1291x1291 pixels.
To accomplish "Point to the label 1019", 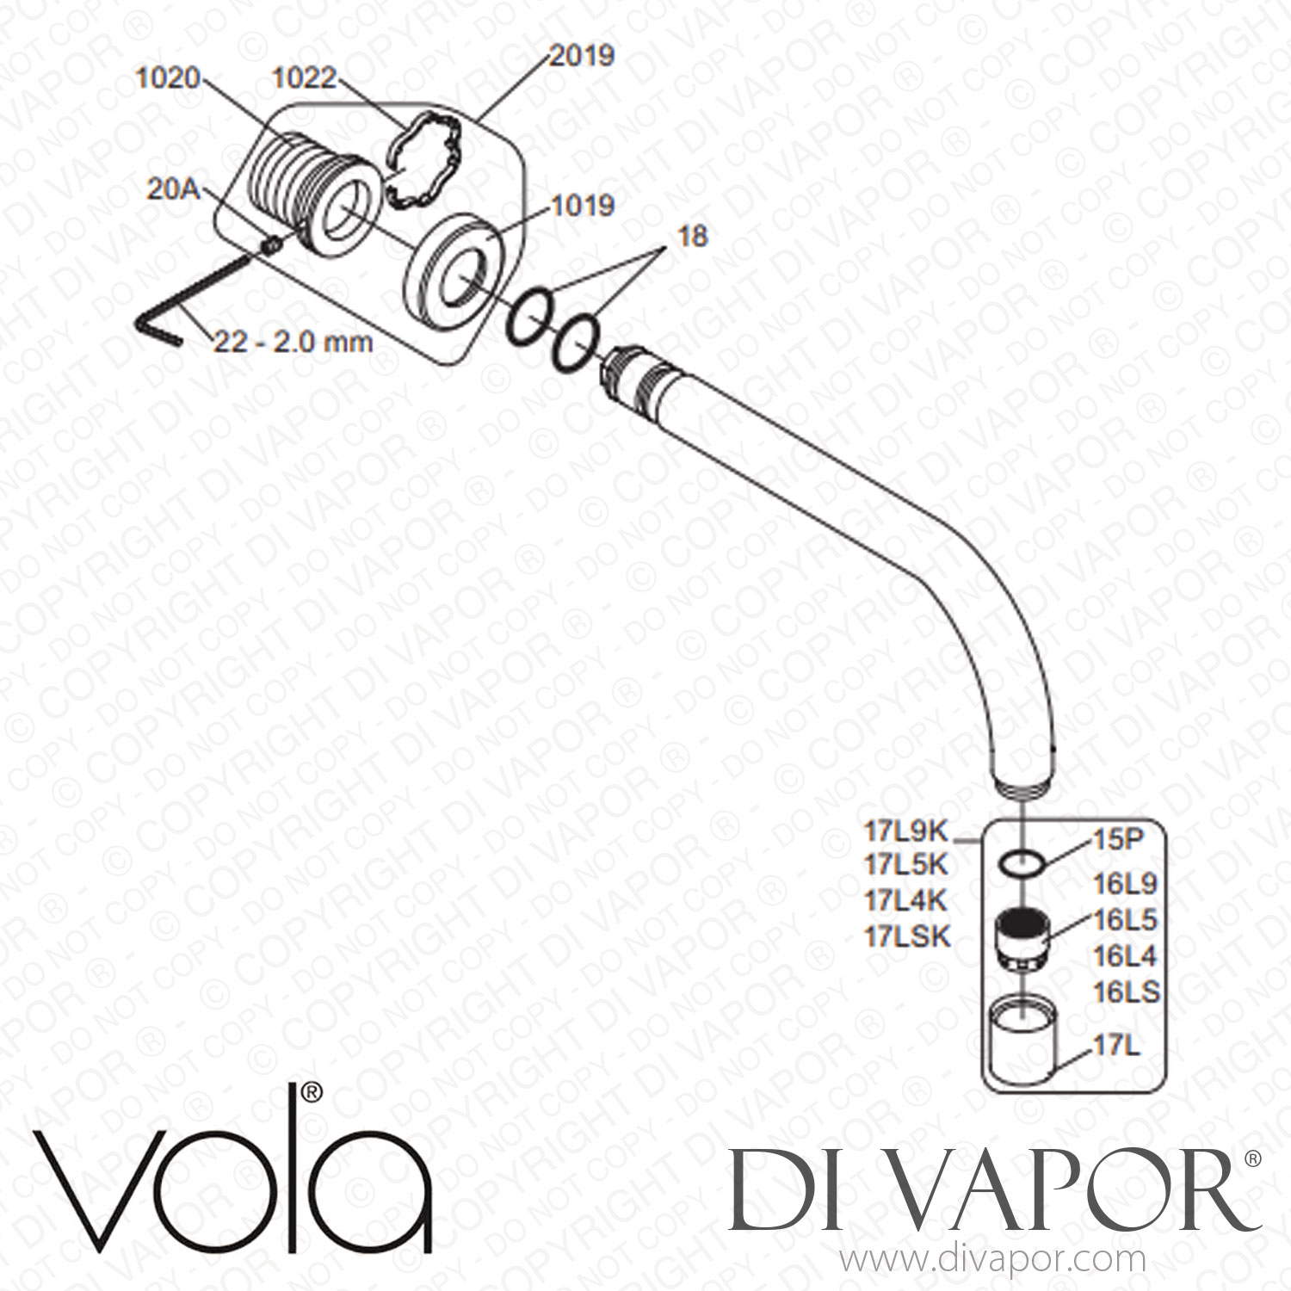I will tap(583, 207).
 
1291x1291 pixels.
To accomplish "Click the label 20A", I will tap(173, 189).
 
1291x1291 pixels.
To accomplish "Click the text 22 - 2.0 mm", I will tap(293, 342).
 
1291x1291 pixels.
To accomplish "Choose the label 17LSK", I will tap(908, 936).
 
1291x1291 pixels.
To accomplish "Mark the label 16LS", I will tap(1126, 992).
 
